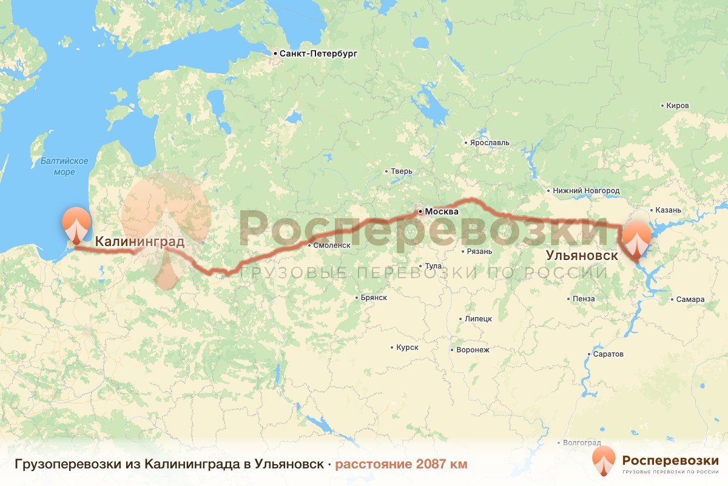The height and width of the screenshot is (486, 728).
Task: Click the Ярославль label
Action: tap(490, 143)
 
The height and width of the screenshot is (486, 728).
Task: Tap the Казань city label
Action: tap(668, 210)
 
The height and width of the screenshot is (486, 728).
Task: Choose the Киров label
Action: tap(677, 106)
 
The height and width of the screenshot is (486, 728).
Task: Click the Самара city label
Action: tap(690, 299)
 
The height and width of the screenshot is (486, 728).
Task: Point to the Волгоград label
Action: tap(581, 443)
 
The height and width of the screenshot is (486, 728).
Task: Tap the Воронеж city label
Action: tap(473, 350)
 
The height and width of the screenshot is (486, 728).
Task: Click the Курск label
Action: tap(407, 347)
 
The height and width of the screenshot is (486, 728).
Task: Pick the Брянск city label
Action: tap(373, 298)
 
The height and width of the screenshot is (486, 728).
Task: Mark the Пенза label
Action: tap(583, 299)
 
